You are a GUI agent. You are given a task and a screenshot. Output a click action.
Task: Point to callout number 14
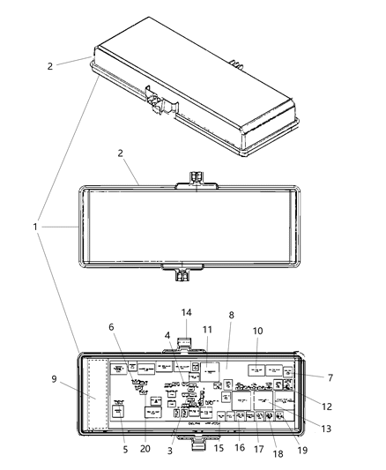[x=186, y=312]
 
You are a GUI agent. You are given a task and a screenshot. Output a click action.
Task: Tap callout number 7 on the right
[x=330, y=377]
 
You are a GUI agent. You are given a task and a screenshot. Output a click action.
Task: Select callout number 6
[x=112, y=327]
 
